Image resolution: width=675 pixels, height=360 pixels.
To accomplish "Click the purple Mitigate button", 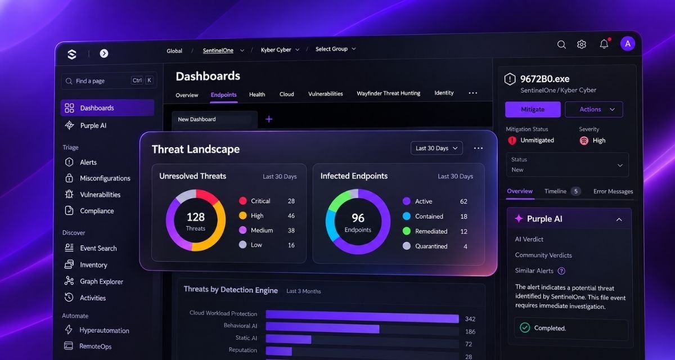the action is tap(533, 109).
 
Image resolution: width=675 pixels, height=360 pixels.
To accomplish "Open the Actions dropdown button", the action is tap(593, 109).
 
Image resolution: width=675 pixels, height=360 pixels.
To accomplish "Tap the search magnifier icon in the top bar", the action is tap(561, 44).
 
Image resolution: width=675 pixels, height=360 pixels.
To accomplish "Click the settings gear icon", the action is tap(581, 44).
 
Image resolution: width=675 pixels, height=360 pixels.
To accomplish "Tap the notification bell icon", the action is tap(604, 44).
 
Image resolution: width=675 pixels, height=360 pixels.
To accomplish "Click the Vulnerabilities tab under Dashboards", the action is tap(326, 94).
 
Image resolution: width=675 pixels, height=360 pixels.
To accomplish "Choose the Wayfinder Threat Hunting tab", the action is tap(389, 93).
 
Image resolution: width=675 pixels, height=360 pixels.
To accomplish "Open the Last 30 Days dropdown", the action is tap(436, 148).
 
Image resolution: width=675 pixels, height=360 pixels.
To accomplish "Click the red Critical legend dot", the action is tap(242, 201).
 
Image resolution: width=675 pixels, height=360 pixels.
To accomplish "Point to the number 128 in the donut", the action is tap(196, 217).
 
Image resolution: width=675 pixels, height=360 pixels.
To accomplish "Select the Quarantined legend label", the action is tap(431, 246).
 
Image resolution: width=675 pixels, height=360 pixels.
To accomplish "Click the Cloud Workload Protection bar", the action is tap(362, 317).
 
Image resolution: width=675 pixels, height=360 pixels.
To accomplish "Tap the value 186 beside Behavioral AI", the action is tap(470, 332).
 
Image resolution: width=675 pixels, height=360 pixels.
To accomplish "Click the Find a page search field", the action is tap(109, 81).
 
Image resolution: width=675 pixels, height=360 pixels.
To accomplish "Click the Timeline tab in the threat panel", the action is tap(555, 191).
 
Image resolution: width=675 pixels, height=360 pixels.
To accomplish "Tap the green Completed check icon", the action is tap(525, 327).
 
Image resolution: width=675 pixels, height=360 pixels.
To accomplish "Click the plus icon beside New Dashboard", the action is tap(269, 119).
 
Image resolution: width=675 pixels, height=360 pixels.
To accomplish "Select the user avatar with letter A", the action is tap(627, 44).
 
